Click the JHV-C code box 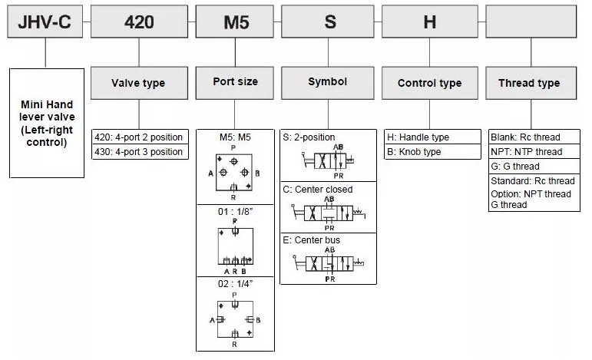pos(45,21)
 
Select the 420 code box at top pos(139,21)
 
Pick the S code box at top pos(329,21)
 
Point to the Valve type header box pos(139,83)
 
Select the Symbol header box pos(328,82)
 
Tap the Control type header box pos(429,83)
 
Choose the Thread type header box pos(528,83)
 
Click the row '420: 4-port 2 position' pos(139,137)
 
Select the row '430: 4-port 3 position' pos(139,152)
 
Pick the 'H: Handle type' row pos(429,137)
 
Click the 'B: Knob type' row pos(429,152)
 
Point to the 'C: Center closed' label pos(318,190)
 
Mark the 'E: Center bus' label pos(312,240)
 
